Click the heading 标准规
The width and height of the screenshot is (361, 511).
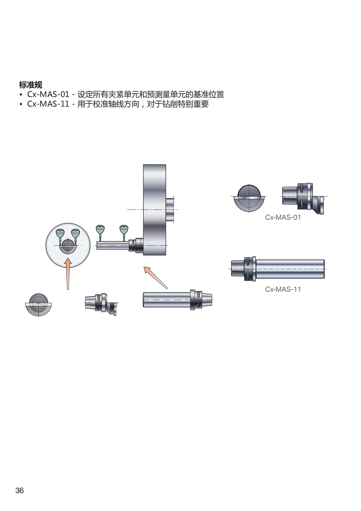30,84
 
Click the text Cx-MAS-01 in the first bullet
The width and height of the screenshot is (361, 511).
48,94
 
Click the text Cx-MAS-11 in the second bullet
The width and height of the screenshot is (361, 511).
48,104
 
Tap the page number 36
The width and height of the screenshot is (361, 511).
19,490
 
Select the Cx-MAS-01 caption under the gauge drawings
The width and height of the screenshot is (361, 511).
283,217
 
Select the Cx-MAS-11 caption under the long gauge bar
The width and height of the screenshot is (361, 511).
283,289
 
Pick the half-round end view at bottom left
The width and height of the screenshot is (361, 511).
38,305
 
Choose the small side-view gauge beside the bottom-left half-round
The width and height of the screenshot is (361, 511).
101,303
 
